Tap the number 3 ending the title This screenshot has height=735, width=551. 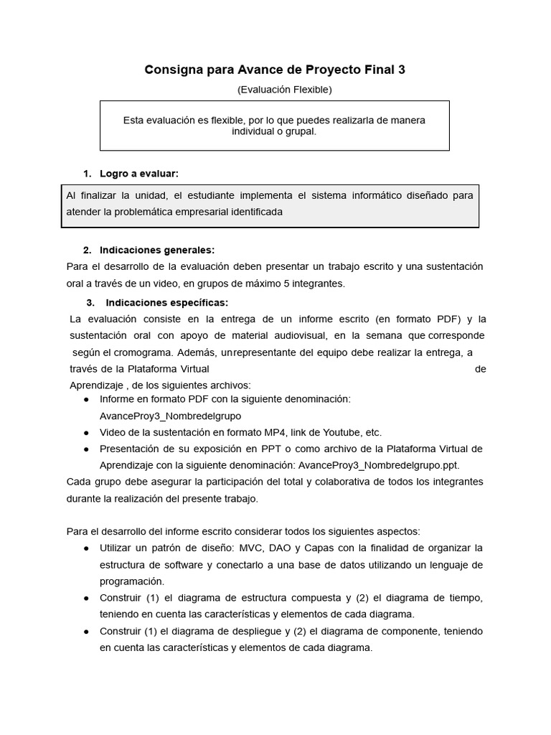pos(401,70)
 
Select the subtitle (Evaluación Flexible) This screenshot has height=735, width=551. pos(284,90)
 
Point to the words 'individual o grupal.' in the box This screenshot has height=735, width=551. pos(273,131)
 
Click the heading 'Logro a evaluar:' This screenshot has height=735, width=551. pos(139,174)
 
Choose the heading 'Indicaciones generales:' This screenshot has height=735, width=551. pos(157,250)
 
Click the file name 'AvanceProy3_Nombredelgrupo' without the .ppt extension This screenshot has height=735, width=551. pos(171,416)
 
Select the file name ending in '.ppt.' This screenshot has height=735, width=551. pos(379,464)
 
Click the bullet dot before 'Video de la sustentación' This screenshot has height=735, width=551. pos(86,433)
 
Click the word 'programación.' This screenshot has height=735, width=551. pos(132,581)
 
